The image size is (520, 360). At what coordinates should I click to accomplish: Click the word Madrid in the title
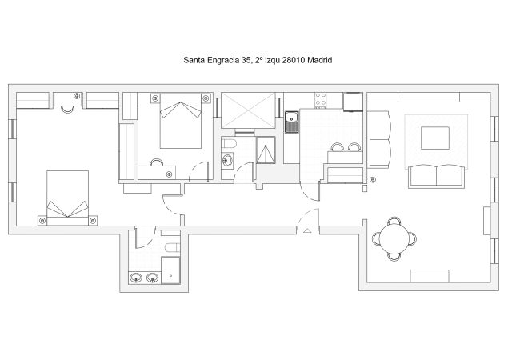(x=318, y=60)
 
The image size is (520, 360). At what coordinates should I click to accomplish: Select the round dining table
(x=393, y=238)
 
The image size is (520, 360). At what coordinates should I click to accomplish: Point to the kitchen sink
(x=292, y=122)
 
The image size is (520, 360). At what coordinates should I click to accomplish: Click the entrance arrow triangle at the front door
(x=307, y=230)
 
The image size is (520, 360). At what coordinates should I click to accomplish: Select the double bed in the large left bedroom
(x=69, y=197)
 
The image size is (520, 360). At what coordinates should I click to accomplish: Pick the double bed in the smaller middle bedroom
(x=180, y=122)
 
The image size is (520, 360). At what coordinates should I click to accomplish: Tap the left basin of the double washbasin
(x=135, y=278)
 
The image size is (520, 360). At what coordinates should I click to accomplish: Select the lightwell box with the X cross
(x=247, y=109)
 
